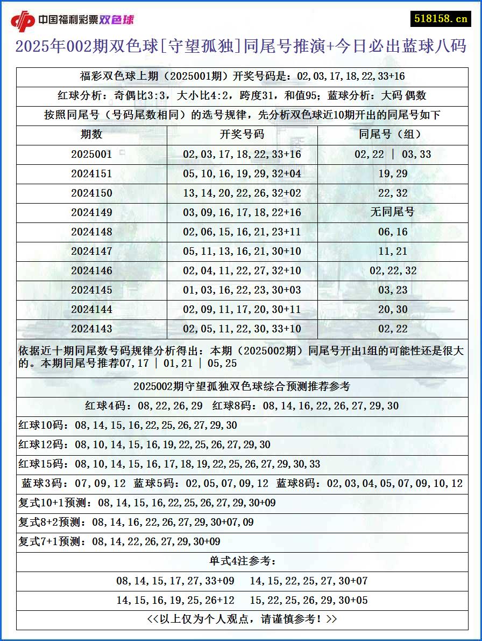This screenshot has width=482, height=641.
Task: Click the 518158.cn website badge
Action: (x=441, y=18)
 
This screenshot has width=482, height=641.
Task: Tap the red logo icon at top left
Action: (x=23, y=21)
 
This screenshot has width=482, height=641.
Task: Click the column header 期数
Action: (x=91, y=135)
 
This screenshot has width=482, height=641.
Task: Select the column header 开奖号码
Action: (x=242, y=135)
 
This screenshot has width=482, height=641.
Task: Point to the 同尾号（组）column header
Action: (x=393, y=135)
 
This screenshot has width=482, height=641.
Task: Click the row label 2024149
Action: (x=91, y=212)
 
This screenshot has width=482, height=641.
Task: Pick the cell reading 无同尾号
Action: (x=393, y=212)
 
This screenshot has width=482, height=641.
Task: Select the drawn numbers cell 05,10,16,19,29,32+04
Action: (x=242, y=173)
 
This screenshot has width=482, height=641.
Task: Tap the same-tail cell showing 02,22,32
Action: (x=393, y=270)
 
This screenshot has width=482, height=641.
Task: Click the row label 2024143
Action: (x=91, y=329)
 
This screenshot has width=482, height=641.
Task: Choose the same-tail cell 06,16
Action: (x=393, y=232)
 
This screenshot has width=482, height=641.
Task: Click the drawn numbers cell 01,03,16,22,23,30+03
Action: (x=242, y=290)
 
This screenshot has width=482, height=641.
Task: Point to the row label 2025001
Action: (x=91, y=154)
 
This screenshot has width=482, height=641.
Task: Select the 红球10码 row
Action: (x=127, y=426)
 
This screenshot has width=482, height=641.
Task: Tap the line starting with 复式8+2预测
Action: (x=136, y=522)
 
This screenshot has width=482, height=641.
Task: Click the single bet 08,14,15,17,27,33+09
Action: (x=175, y=581)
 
